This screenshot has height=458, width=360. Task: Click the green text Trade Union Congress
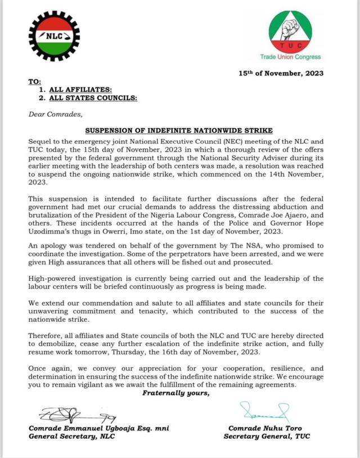click(290, 57)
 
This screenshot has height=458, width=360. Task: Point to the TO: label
click(34, 82)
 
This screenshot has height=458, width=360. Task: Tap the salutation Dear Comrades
click(55, 115)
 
